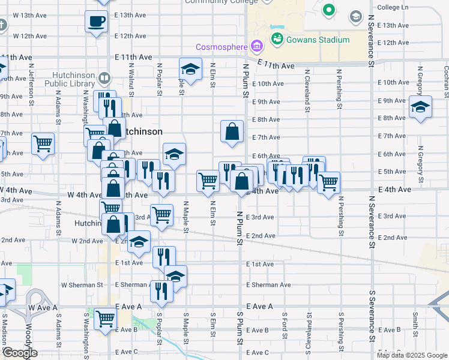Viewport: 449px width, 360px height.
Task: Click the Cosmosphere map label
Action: coord(223,47)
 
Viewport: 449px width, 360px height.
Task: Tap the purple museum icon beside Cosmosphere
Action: coord(257,46)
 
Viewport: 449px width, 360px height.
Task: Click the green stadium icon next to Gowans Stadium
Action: coord(277,40)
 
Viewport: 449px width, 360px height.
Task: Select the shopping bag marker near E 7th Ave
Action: coord(232,131)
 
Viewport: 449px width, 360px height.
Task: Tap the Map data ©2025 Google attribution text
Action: coord(412,355)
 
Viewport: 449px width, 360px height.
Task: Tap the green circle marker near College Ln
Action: coord(329,10)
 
